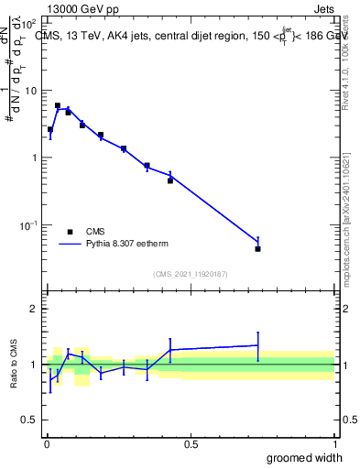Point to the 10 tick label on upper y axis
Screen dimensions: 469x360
click(29, 90)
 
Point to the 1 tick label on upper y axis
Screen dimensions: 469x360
click(33, 158)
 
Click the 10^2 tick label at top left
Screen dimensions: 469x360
click(28, 22)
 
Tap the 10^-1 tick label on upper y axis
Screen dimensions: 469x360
click(28, 224)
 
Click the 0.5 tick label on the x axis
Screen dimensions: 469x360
click(191, 444)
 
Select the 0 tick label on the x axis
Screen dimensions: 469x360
click(47, 444)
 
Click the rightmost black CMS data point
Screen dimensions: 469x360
click(258, 248)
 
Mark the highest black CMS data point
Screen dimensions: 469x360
click(57, 105)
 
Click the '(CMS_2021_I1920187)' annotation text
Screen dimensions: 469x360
click(191, 274)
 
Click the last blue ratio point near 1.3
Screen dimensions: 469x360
click(258, 345)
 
